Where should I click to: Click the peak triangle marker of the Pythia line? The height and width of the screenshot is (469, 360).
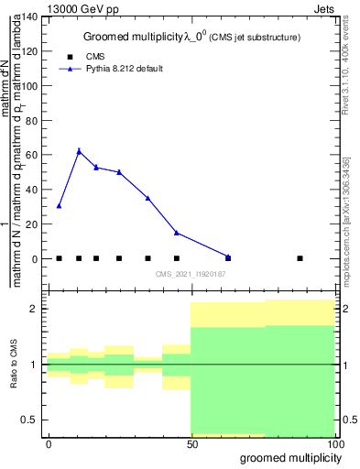click(79, 151)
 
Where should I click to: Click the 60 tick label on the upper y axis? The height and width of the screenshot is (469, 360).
click(30, 155)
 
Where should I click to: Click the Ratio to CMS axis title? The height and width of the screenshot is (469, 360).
click(13, 365)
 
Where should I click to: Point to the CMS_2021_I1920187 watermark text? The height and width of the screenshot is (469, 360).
click(190, 273)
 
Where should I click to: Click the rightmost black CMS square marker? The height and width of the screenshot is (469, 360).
click(300, 258)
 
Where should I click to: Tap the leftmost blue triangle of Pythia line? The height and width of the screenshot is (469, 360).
click(59, 206)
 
